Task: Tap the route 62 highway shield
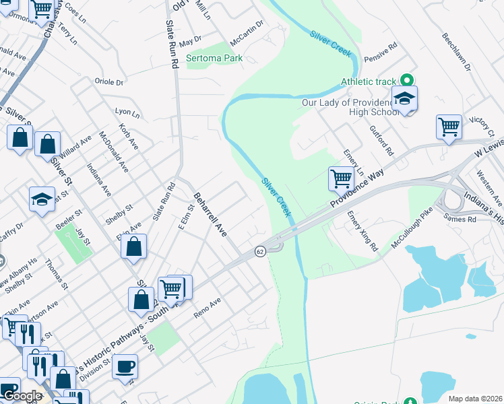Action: click(x=259, y=251)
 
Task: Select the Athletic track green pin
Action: click(x=406, y=81)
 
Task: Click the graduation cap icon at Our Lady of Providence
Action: click(x=404, y=99)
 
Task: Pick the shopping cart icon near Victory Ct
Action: click(x=449, y=126)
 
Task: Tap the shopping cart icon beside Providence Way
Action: click(x=342, y=178)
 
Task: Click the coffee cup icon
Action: click(x=125, y=367)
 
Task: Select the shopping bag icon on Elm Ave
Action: click(x=134, y=246)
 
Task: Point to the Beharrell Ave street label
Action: click(x=210, y=214)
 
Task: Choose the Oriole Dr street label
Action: click(x=111, y=83)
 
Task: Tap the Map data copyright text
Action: click(x=474, y=399)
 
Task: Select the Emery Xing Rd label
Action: click(x=362, y=232)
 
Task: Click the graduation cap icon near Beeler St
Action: click(x=42, y=199)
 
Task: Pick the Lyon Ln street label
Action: click(x=127, y=112)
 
